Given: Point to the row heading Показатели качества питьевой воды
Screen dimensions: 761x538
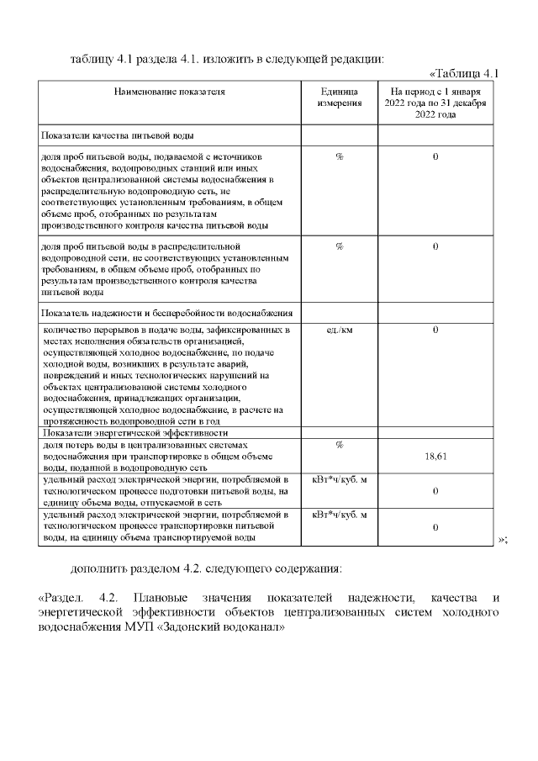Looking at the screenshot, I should (119, 135).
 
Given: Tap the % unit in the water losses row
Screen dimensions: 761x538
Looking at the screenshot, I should (340, 444).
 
